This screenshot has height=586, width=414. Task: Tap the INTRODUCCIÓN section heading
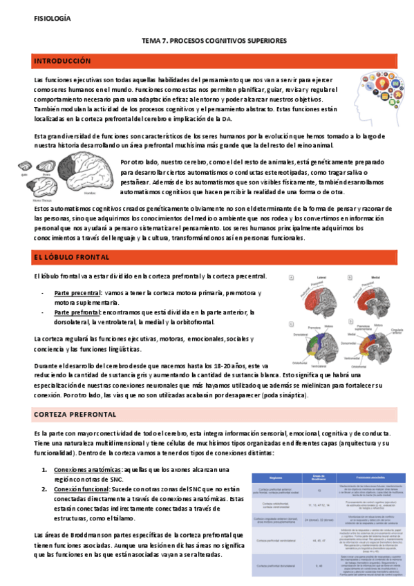63,62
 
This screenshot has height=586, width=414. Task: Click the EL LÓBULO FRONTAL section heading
71,258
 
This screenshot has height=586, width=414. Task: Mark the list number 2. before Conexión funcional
44,487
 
